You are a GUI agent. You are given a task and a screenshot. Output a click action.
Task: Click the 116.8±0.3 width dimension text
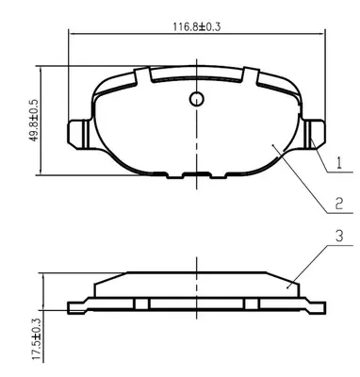point(197,26)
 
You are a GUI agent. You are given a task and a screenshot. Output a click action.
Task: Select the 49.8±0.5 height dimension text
point(34,120)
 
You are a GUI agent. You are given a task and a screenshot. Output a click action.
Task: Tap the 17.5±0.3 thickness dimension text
point(37,339)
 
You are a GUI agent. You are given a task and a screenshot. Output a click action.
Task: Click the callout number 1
point(338,163)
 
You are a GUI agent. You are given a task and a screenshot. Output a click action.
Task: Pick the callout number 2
point(338,204)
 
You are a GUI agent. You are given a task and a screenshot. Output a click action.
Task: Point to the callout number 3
point(339,236)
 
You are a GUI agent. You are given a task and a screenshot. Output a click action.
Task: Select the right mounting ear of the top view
point(314,134)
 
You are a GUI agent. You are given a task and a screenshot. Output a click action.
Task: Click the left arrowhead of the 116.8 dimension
point(72,33)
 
